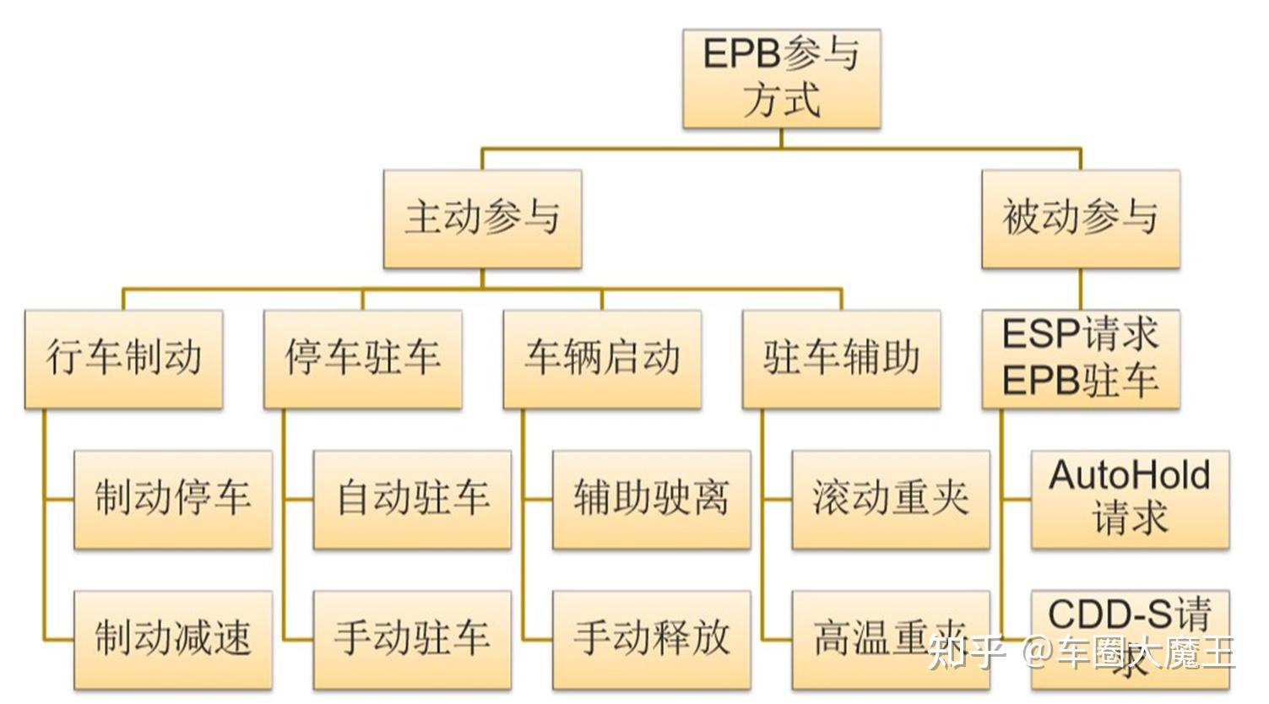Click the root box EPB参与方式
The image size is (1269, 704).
click(781, 79)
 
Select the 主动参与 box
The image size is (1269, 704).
click(482, 219)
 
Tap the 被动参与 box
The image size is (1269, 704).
click(1080, 219)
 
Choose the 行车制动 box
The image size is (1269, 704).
click(123, 359)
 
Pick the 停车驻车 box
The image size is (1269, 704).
click(362, 359)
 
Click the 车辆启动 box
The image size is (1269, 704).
click(602, 359)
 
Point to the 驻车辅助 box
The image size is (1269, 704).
click(841, 359)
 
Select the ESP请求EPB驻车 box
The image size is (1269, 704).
click(1080, 359)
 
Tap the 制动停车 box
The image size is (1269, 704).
click(173, 499)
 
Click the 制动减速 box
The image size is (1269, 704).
click(173, 639)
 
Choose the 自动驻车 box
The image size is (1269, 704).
click(412, 499)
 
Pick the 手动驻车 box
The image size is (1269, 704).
click(412, 639)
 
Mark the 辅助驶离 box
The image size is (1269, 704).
click(651, 499)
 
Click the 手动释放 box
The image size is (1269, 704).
click(651, 639)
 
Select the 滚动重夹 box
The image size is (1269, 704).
click(890, 499)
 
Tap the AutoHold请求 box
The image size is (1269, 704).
click(1130, 499)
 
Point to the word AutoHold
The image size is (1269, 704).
click(1129, 475)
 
